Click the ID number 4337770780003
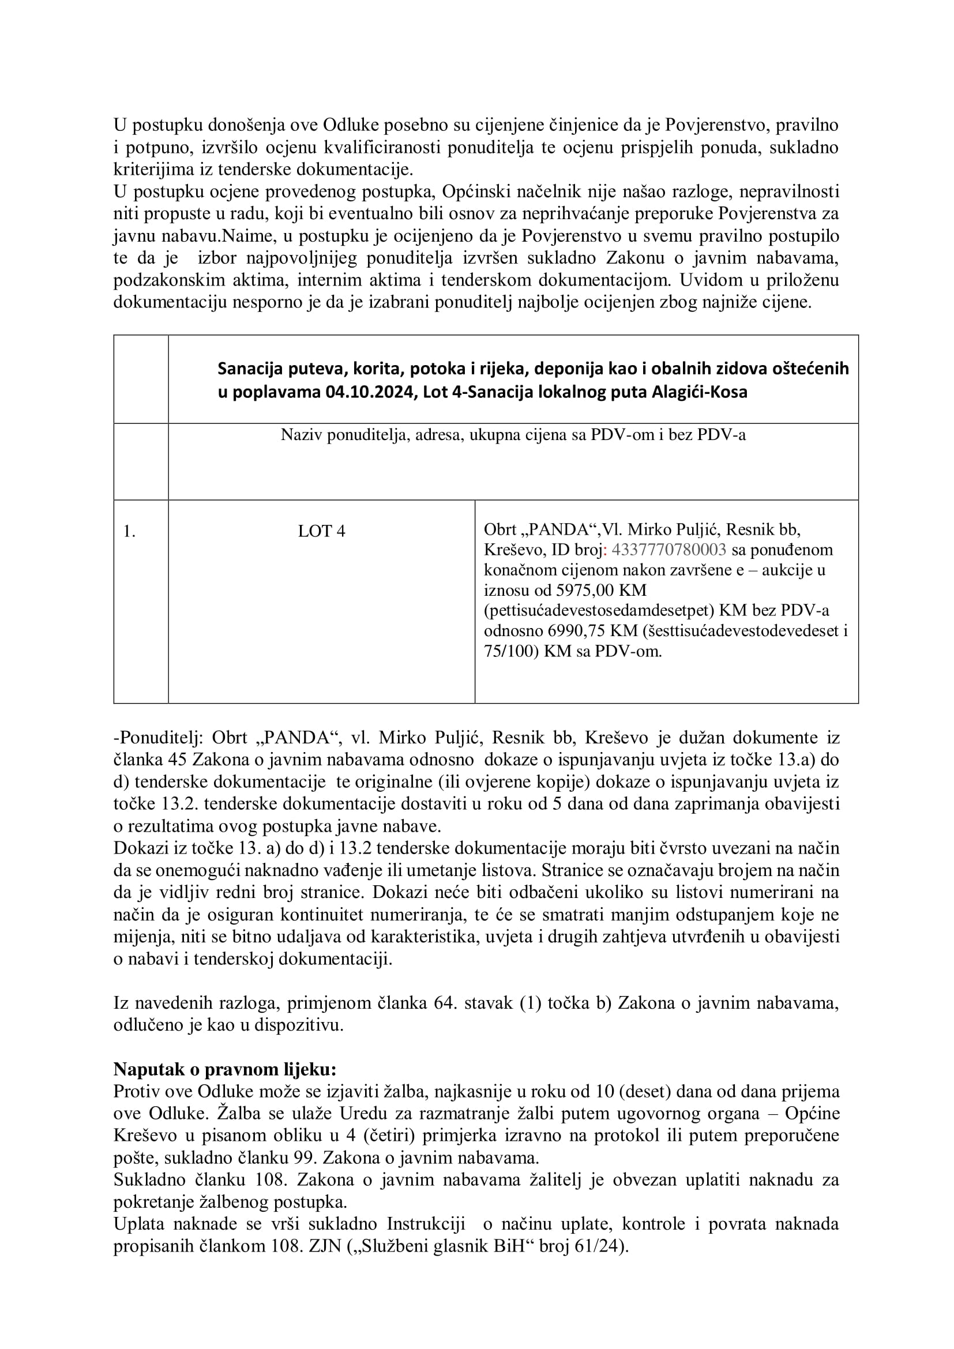click(x=668, y=550)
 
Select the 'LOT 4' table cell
click(x=321, y=531)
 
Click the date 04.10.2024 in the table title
click(x=369, y=392)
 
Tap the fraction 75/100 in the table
click(x=507, y=651)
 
